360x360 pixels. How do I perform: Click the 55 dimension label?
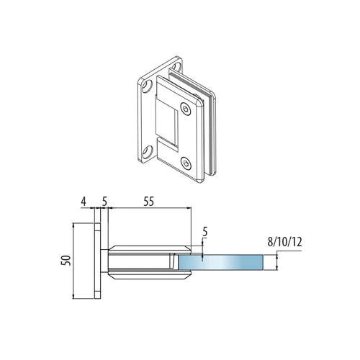(x=148, y=202)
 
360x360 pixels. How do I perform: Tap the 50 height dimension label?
(x=66, y=261)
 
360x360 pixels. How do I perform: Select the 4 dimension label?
(x=84, y=202)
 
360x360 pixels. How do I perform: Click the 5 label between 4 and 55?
(x=104, y=202)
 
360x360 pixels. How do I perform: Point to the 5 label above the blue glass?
(x=205, y=232)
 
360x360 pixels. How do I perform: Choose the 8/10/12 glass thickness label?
(x=284, y=242)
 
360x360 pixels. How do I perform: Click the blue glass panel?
(x=220, y=262)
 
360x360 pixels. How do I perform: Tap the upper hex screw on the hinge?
(x=186, y=109)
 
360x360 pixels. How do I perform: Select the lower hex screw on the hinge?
(x=186, y=163)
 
